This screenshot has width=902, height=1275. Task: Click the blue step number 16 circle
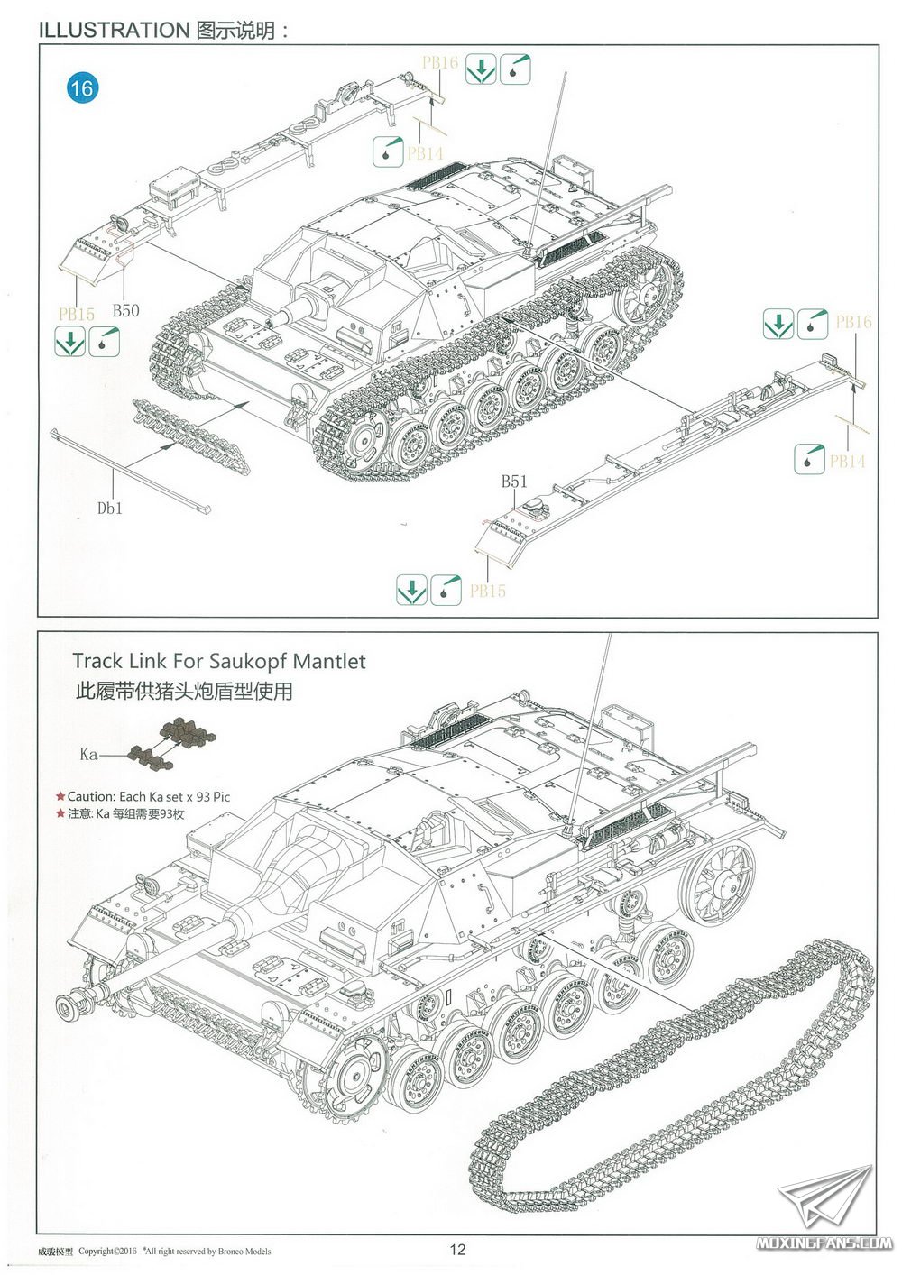click(x=80, y=88)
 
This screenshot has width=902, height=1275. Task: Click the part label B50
click(x=125, y=310)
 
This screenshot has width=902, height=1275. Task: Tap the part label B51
click(x=514, y=482)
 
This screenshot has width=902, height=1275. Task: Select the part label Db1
click(x=109, y=509)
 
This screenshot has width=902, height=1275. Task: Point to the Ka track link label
click(x=88, y=753)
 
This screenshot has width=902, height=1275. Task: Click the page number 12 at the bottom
click(x=457, y=1249)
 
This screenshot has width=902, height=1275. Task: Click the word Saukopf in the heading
click(x=256, y=661)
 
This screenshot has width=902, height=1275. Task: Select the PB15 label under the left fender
click(x=77, y=314)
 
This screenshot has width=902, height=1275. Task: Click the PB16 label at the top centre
click(x=440, y=62)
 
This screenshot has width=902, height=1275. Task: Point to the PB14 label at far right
click(x=847, y=461)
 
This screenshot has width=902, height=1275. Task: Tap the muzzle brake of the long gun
click(x=74, y=1004)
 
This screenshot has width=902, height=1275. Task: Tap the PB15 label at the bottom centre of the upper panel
click(x=487, y=591)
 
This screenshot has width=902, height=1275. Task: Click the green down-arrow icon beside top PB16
click(x=481, y=69)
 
